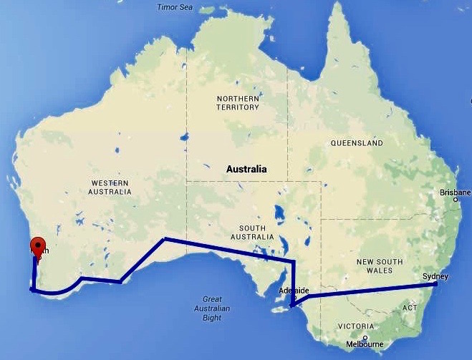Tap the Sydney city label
point(435,276)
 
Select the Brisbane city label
point(456,193)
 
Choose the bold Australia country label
point(246,170)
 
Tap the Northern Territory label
point(237,102)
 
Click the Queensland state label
point(356,143)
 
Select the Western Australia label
point(110,188)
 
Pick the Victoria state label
point(356,326)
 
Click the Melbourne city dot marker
point(365,338)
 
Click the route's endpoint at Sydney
point(435,284)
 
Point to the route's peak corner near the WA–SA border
point(165,238)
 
